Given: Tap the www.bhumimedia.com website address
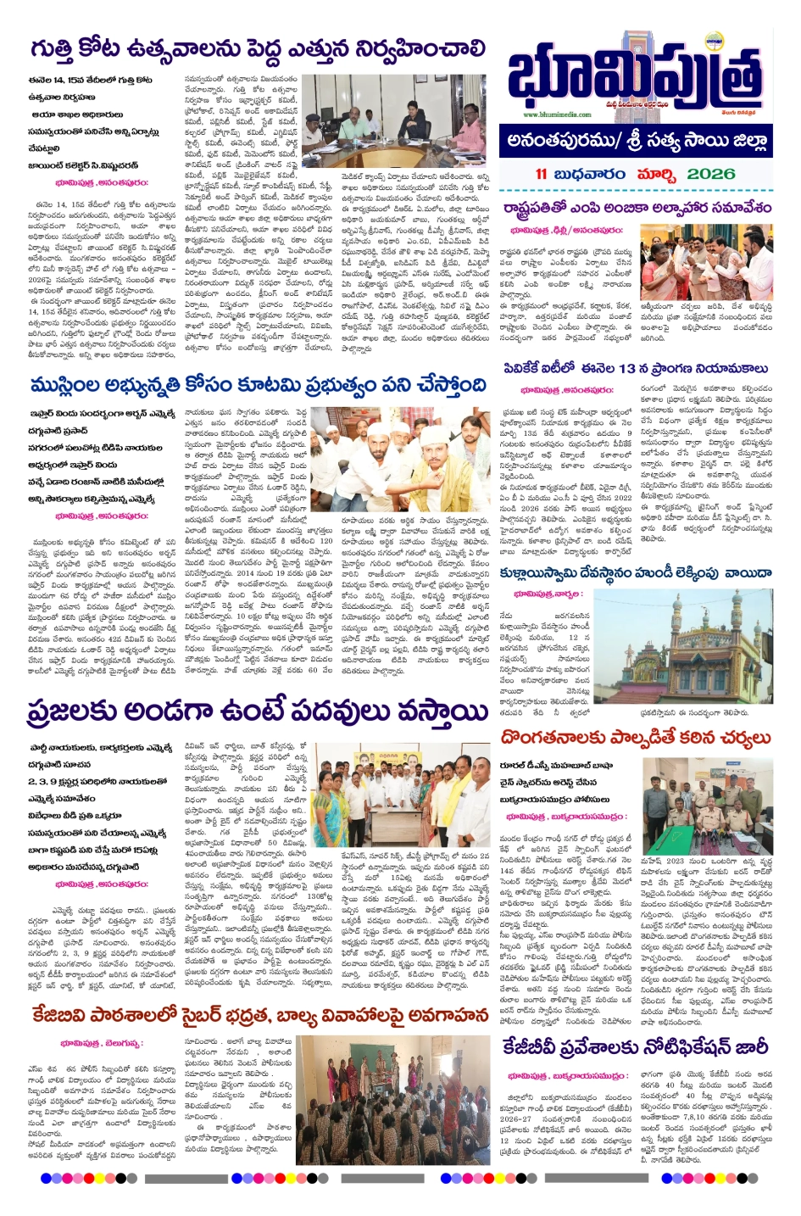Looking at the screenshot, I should (x=557, y=114).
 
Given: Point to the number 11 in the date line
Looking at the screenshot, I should (x=541, y=174).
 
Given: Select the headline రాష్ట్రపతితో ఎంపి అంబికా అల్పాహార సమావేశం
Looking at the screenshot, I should (x=637, y=207).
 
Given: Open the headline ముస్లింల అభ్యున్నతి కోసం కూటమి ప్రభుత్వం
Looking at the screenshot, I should (x=258, y=386).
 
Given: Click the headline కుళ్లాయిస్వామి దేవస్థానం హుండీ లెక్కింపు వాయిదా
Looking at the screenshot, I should (x=636, y=573).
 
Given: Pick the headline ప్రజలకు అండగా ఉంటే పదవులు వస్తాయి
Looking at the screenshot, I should (x=258, y=712).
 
